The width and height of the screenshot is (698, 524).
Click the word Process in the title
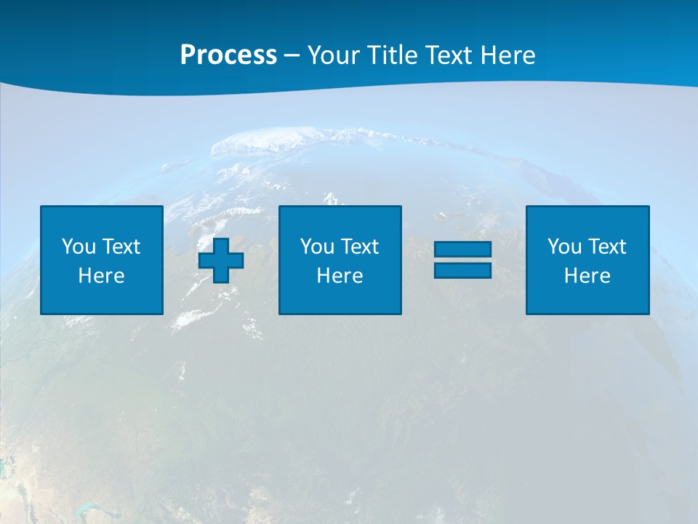pyautogui.click(x=228, y=55)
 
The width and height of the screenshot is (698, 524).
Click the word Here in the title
pyautogui.click(x=508, y=55)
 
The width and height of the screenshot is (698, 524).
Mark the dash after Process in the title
pyautogui.click(x=292, y=56)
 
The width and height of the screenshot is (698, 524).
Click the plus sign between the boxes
pyautogui.click(x=221, y=260)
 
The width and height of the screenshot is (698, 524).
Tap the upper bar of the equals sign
pyautogui.click(x=462, y=250)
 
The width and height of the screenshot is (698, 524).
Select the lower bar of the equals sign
pyautogui.click(x=462, y=270)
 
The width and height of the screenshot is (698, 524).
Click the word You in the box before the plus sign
pyautogui.click(x=79, y=247)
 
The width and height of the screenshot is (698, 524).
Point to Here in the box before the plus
pyautogui.click(x=101, y=276)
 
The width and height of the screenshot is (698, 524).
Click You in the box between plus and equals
pyautogui.click(x=317, y=247)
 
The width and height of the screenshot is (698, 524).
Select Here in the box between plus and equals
pyautogui.click(x=340, y=276)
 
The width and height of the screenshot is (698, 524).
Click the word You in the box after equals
pyautogui.click(x=564, y=247)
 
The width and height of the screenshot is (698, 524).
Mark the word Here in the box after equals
pyautogui.click(x=587, y=276)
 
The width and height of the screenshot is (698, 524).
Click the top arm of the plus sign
pyautogui.click(x=221, y=245)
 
